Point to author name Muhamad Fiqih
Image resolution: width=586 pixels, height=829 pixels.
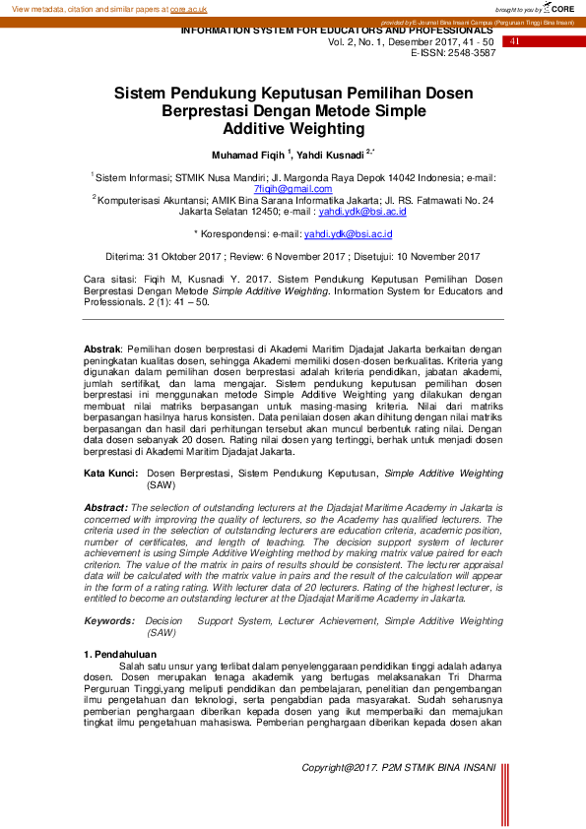pyautogui.click(x=246, y=156)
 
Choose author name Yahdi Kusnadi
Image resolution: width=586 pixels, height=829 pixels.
pyautogui.click(x=332, y=156)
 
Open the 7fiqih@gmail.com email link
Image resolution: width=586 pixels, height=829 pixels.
pyautogui.click(x=293, y=188)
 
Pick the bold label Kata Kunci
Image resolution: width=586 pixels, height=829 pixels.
pyautogui.click(x=110, y=474)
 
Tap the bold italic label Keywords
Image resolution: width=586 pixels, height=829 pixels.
pyautogui.click(x=109, y=621)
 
